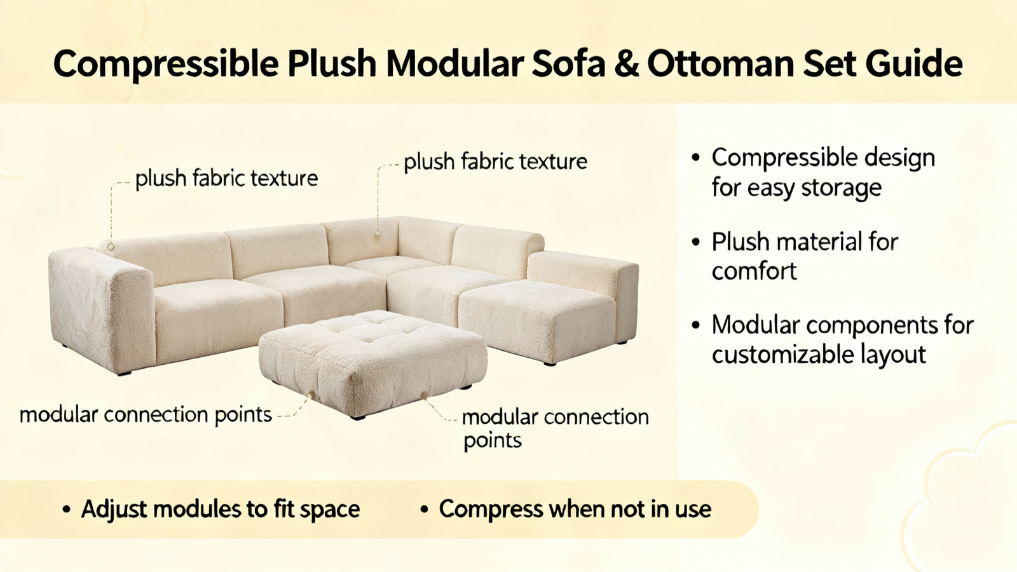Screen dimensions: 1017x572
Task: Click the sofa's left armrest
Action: pyautogui.click(x=102, y=309)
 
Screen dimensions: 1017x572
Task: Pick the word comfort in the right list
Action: pyautogui.click(x=754, y=271)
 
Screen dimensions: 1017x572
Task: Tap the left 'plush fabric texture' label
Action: pyautogui.click(x=226, y=179)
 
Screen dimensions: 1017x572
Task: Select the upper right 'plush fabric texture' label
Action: pyautogui.click(x=495, y=161)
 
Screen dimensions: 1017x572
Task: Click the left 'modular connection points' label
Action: pyautogui.click(x=146, y=415)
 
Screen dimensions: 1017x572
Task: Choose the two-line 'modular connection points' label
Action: pyautogui.click(x=556, y=428)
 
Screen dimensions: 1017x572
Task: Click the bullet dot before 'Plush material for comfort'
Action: pyautogui.click(x=695, y=242)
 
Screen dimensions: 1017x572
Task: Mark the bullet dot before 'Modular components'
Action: pyautogui.click(x=695, y=325)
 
